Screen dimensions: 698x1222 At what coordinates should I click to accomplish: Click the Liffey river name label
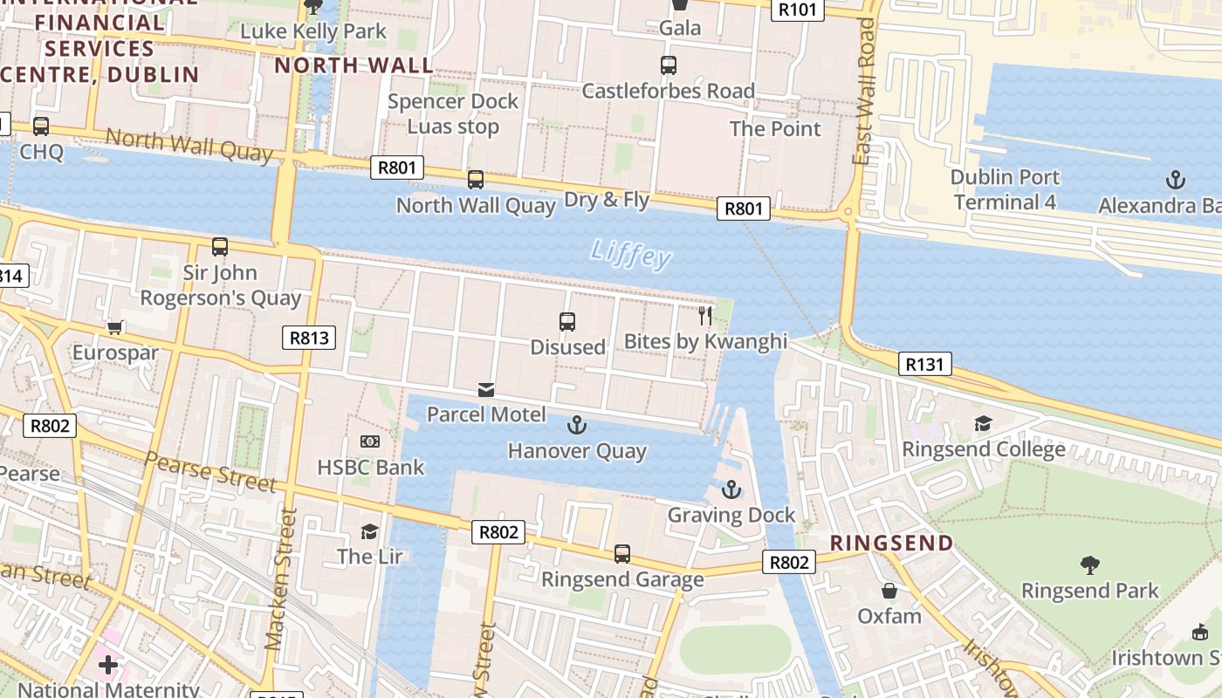[630, 254]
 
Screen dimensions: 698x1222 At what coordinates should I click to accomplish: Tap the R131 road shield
[924, 364]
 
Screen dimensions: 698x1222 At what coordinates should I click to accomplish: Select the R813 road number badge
[309, 338]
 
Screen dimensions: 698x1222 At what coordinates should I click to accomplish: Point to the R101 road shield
[798, 10]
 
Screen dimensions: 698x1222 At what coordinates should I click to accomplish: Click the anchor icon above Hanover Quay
[576, 425]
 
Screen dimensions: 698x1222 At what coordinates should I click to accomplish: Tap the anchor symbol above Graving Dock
[731, 489]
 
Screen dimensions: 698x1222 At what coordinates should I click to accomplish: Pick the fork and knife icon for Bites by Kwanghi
[705, 315]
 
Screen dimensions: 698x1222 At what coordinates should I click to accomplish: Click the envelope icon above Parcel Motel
[486, 389]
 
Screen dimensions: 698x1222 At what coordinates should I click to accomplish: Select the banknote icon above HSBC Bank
[370, 442]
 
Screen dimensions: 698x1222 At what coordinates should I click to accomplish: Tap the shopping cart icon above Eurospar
[114, 328]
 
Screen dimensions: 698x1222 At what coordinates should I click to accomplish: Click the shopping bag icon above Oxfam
[889, 591]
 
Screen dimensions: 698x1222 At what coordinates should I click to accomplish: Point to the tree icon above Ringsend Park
[1089, 565]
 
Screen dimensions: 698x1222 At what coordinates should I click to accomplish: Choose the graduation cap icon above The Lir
[369, 531]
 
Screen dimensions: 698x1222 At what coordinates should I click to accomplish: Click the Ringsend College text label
[984, 449]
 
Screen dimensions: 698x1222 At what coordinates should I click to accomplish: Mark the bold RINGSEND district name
[891, 543]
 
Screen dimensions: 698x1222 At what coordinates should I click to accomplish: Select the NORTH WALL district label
[354, 65]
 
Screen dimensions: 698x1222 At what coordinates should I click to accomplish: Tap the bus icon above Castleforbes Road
[668, 65]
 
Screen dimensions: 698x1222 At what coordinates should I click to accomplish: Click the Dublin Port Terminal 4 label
[1005, 189]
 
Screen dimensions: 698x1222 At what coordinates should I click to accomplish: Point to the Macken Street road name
[278, 579]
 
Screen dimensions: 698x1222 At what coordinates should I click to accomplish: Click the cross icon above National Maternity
[108, 665]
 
